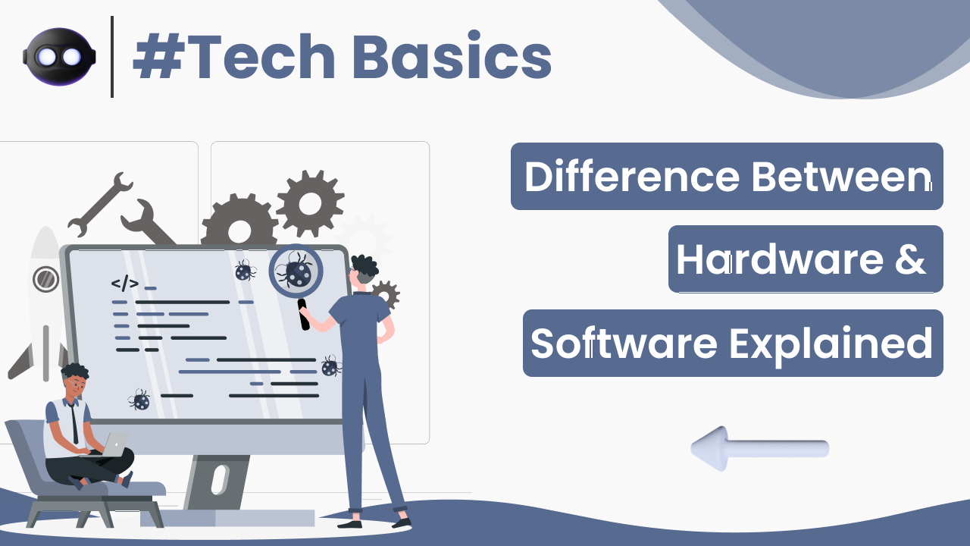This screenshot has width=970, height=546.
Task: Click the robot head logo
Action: click(x=59, y=56)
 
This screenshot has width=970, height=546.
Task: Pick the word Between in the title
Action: click(x=841, y=177)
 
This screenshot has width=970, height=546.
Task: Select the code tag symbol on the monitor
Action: click(x=125, y=284)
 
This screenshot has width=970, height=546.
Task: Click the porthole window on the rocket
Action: click(x=46, y=279)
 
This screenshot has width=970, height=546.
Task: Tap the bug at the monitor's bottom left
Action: click(x=139, y=400)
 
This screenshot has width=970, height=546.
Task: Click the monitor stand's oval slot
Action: click(x=219, y=480)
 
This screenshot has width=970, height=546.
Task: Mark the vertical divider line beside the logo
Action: click(x=112, y=57)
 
